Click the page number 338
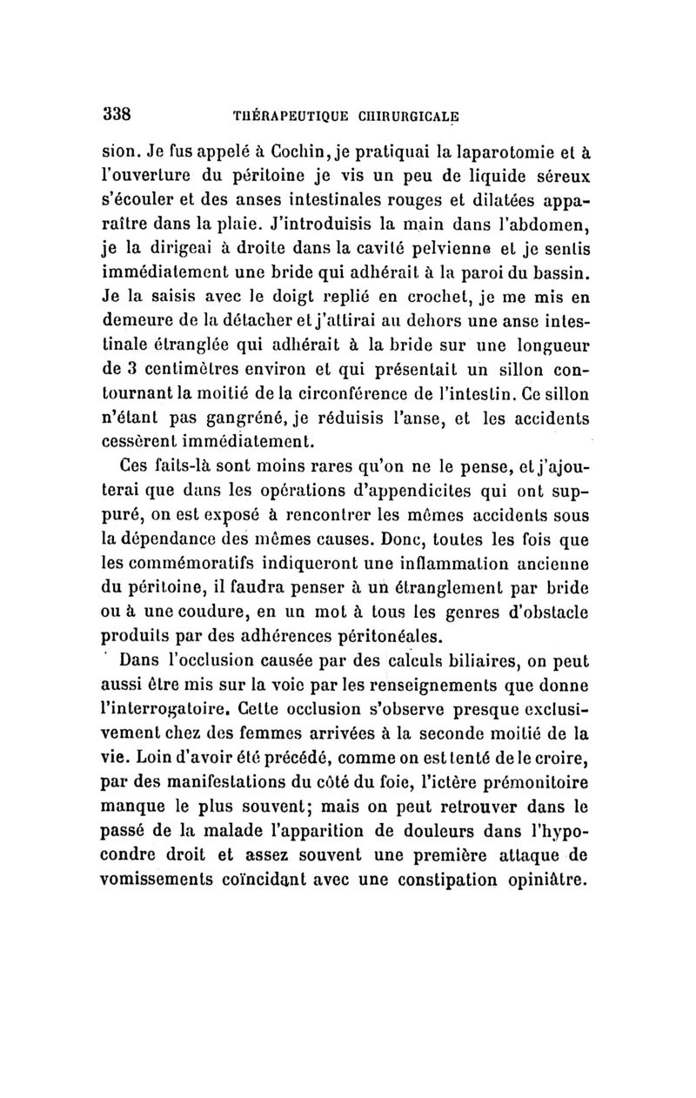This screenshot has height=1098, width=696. click(117, 112)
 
